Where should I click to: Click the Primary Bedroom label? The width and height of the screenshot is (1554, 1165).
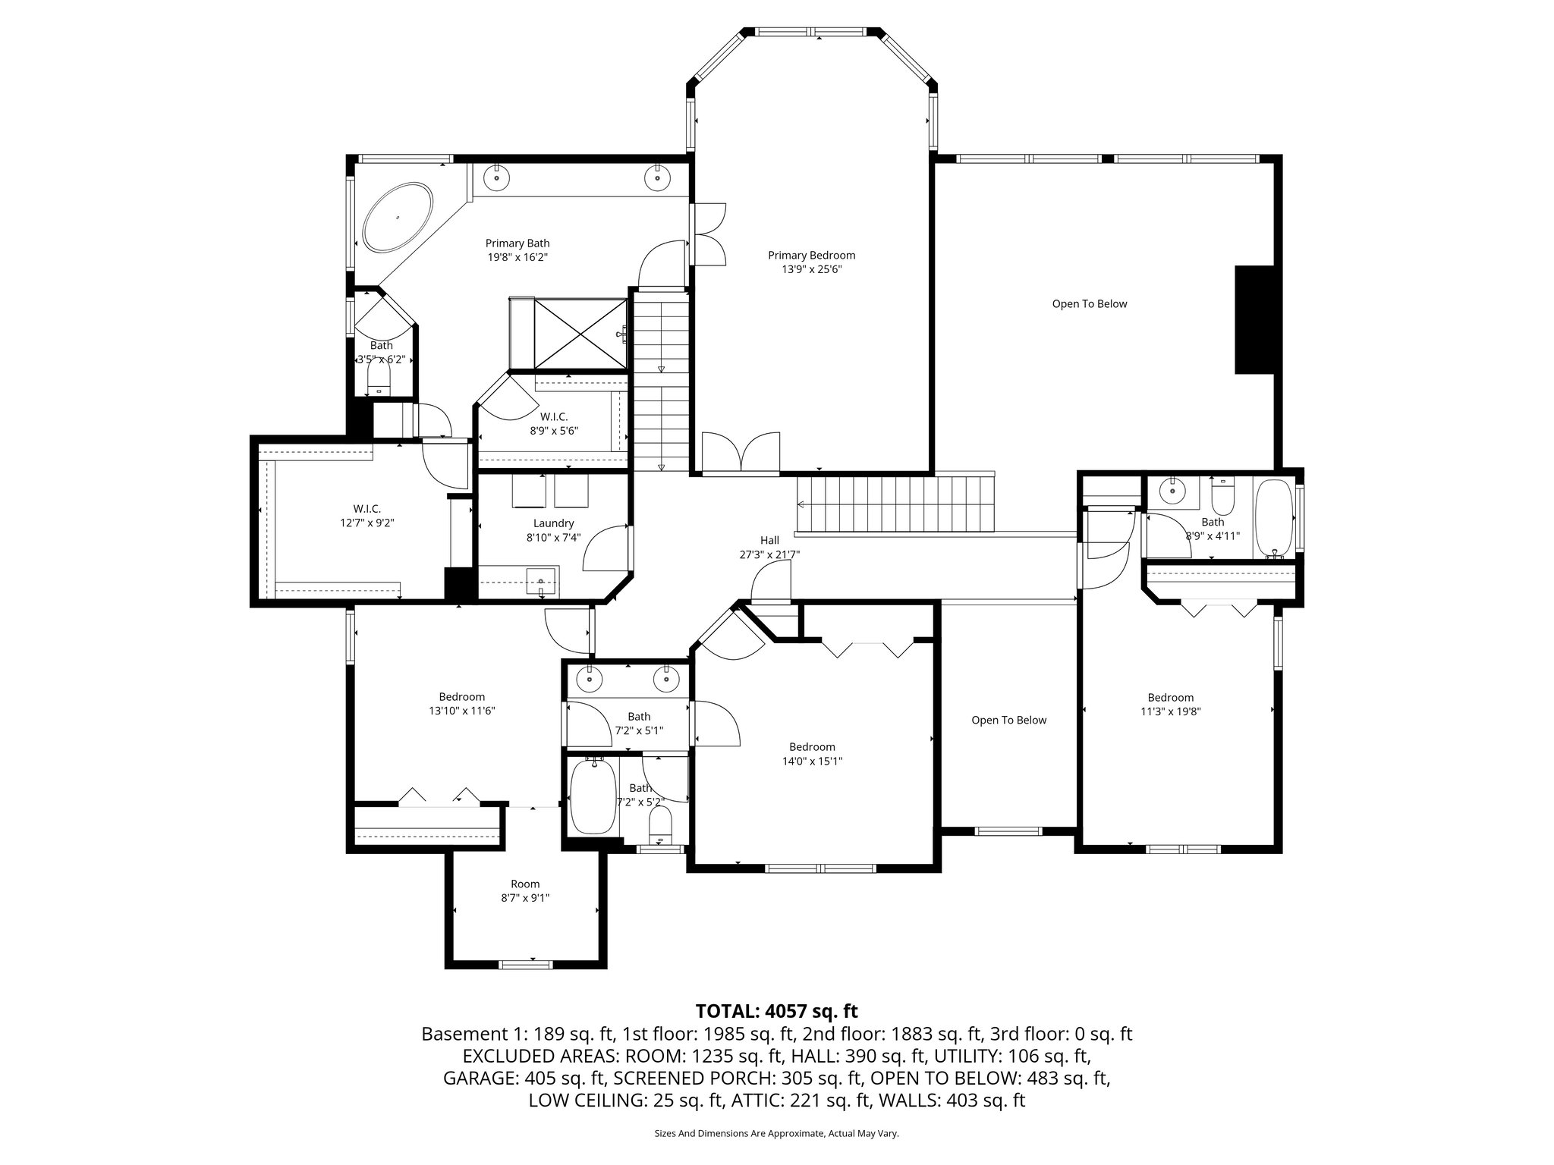pyautogui.click(x=811, y=256)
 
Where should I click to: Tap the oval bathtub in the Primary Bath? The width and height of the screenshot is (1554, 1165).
pyautogui.click(x=398, y=217)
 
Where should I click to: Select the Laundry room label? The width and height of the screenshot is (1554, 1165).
pyautogui.click(x=553, y=523)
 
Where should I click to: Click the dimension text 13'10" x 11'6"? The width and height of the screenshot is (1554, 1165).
pyautogui.click(x=461, y=711)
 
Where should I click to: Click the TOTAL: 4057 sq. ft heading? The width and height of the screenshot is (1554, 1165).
pyautogui.click(x=776, y=1010)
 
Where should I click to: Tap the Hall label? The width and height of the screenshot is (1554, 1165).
pyautogui.click(x=769, y=540)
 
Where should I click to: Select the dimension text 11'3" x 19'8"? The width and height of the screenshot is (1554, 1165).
pyautogui.click(x=1170, y=711)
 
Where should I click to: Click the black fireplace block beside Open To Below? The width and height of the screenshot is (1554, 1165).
pyautogui.click(x=1254, y=319)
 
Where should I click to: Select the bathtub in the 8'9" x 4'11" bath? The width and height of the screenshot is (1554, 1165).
pyautogui.click(x=1274, y=518)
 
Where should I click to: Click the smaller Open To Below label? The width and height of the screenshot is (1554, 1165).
pyautogui.click(x=1008, y=720)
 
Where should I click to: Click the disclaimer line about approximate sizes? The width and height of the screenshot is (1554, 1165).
pyautogui.click(x=776, y=1133)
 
